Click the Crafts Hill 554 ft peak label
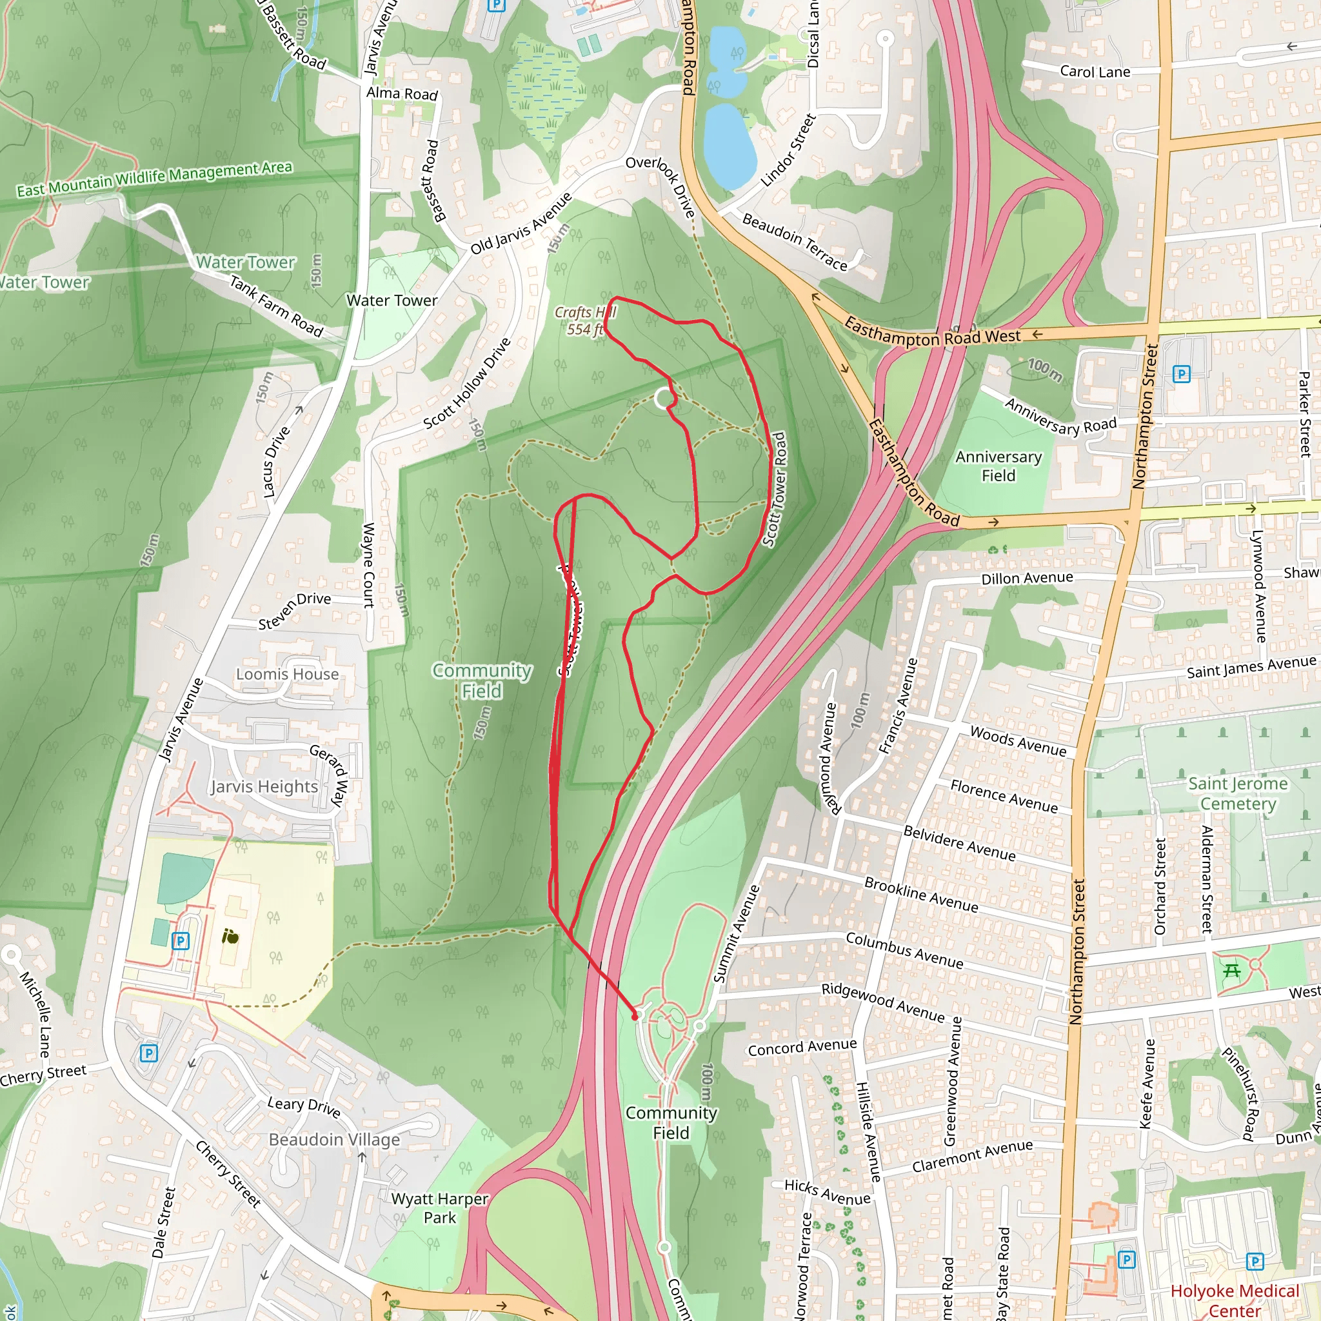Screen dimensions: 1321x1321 (x=584, y=321)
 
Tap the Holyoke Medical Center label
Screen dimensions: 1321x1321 (x=1234, y=1300)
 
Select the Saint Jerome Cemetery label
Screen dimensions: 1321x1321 (x=1238, y=793)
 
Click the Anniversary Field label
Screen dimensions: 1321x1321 (x=998, y=466)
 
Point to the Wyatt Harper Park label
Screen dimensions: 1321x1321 (x=440, y=1208)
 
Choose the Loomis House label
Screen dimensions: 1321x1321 (x=287, y=674)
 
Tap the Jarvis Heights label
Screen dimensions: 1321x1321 (x=264, y=787)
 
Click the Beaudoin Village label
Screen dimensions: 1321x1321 (x=333, y=1140)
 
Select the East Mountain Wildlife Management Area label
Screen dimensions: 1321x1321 (x=155, y=179)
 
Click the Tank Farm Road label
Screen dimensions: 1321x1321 (x=275, y=306)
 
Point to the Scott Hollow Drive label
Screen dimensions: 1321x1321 (x=467, y=384)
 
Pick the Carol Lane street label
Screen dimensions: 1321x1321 (x=1095, y=72)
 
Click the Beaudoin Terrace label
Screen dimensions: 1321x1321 (x=795, y=242)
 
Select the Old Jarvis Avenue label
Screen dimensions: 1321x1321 (x=521, y=224)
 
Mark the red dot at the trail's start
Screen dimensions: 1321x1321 (x=635, y=1017)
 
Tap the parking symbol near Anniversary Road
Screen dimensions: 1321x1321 (x=1181, y=374)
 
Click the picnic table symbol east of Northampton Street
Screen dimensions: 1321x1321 (x=1232, y=971)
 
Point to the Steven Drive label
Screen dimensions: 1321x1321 (x=295, y=611)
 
